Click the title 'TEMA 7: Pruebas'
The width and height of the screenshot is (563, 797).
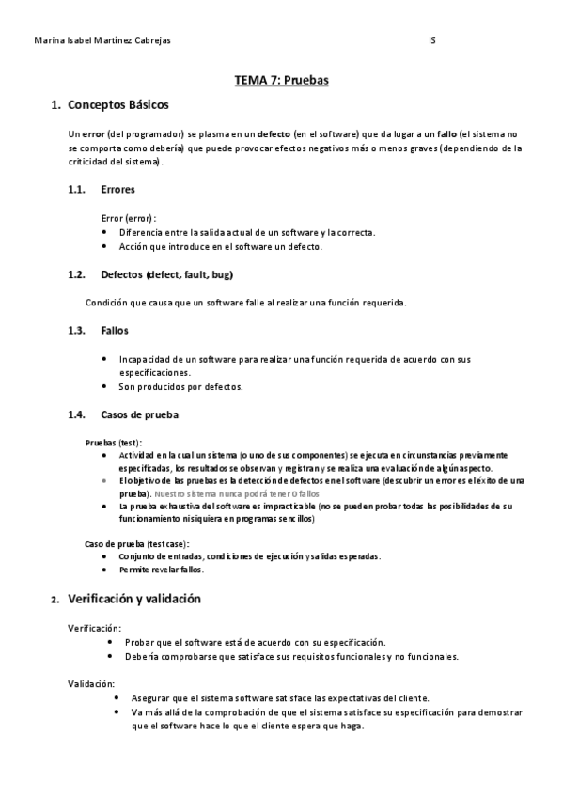point(281,81)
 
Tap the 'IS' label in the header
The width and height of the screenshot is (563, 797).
point(431,41)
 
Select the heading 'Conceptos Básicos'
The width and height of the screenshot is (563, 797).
point(118,105)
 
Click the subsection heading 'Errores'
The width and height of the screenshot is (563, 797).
point(117,189)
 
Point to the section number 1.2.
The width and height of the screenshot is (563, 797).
point(76,274)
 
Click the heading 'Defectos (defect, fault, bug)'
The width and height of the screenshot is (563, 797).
point(166,274)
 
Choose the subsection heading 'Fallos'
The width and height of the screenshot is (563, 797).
point(115,331)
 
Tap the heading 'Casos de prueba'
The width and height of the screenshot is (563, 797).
point(139,414)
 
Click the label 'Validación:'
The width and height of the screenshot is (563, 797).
point(90,684)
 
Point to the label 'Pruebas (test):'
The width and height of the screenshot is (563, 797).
point(114,441)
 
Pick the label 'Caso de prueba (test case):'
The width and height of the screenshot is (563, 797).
point(137,543)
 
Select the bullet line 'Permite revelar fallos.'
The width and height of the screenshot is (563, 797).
point(161,570)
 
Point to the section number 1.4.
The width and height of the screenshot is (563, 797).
point(76,414)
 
